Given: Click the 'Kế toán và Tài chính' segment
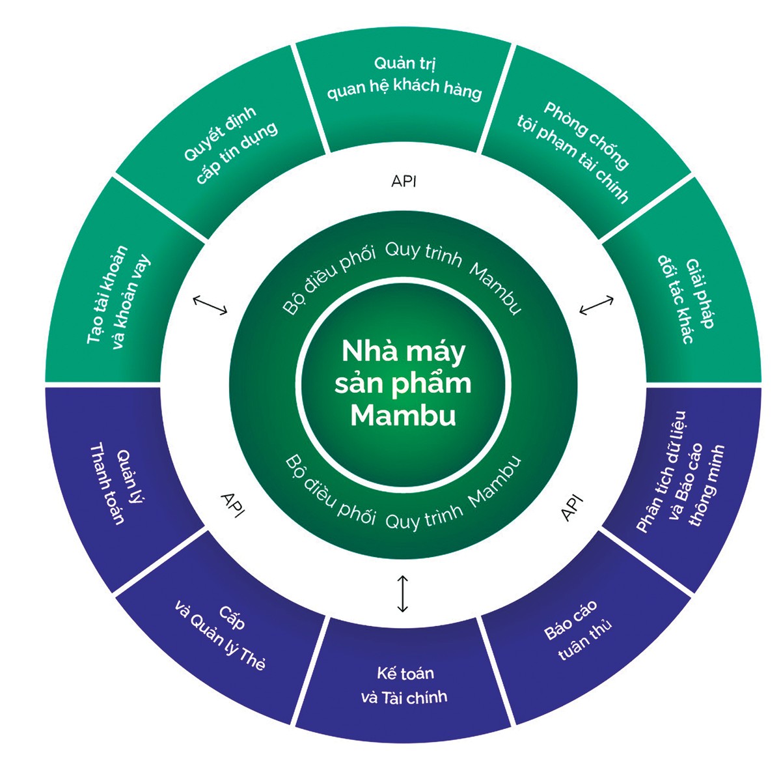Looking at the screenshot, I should coord(404,685).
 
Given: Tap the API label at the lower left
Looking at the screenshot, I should coord(232,504).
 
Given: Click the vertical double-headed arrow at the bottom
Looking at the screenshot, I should coord(403,593).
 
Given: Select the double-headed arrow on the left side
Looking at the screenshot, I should coord(210,305).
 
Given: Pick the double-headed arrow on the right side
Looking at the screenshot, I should coord(596,305).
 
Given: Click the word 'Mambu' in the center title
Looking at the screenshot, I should coord(403,416).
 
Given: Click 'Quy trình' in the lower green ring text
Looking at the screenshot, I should coord(424,516).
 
